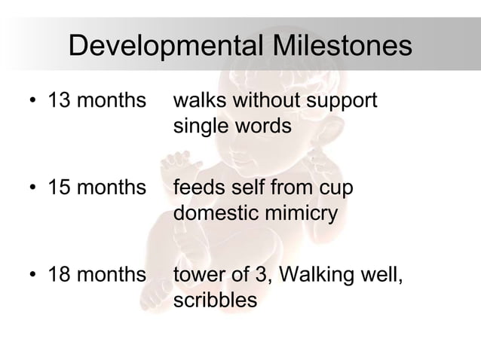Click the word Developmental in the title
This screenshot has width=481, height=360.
pyautogui.click(x=163, y=47)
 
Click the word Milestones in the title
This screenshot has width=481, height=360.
pyautogui.click(x=336, y=47)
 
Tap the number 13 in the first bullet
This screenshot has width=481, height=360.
pyautogui.click(x=58, y=101)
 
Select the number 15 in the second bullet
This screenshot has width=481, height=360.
pyautogui.click(x=58, y=188)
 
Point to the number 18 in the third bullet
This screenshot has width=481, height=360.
pyautogui.click(x=58, y=275)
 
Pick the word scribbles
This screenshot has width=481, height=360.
pyautogui.click(x=215, y=301)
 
